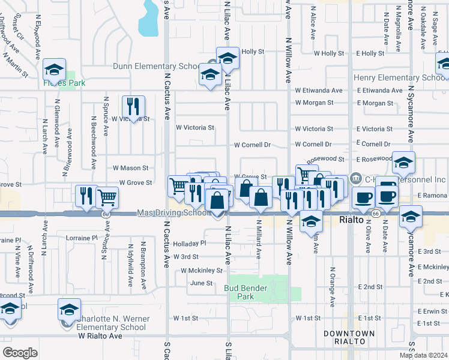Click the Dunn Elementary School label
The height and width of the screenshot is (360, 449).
coord(156,66)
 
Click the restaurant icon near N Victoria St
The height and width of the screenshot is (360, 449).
coord(133,107)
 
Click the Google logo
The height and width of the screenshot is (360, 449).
coord(20,352)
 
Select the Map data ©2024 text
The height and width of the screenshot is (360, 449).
coord(423,355)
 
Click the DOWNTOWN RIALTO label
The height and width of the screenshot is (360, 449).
coord(349,337)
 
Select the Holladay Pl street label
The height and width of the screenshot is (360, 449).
coord(189,244)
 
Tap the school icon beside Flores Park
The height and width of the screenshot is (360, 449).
coord(54,70)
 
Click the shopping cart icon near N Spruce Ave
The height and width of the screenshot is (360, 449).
coord(107,196)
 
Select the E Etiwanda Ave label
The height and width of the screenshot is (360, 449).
coord(379,91)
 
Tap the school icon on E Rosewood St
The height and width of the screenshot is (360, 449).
coord(404,162)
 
